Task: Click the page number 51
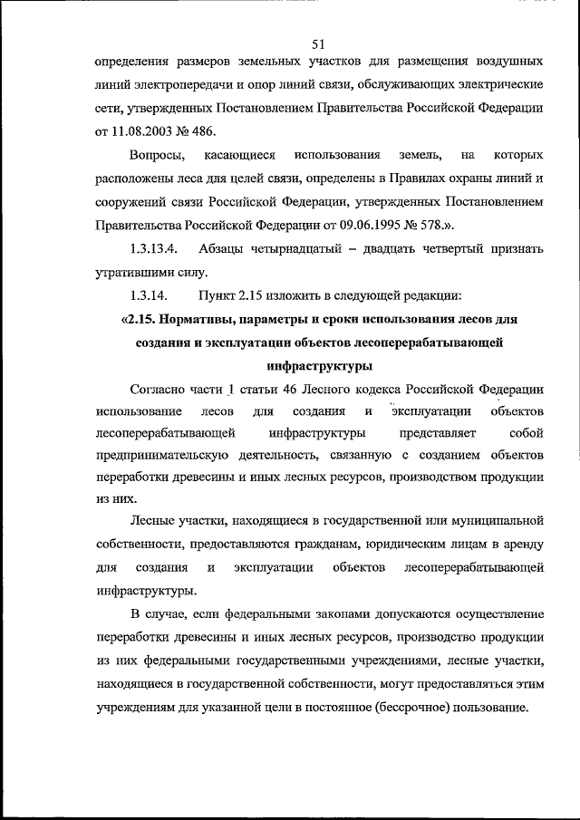tap(317, 43)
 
